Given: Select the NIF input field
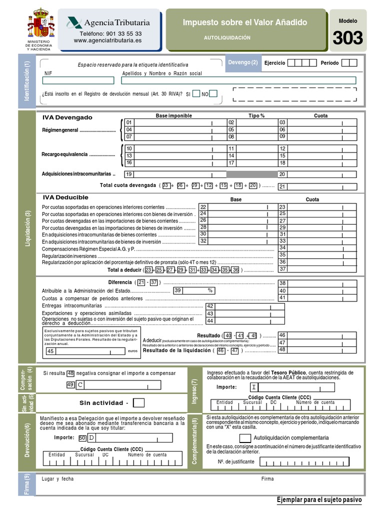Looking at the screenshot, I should [x=78, y=80].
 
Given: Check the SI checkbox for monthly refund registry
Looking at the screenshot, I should [x=196, y=93].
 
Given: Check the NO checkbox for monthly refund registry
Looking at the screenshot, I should [x=213, y=93].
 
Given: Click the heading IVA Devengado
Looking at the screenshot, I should [x=67, y=117].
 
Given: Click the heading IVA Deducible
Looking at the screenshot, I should [x=65, y=197].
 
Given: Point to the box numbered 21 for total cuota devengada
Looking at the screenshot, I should [x=317, y=187].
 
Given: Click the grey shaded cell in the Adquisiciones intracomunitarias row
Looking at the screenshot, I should [x=251, y=174].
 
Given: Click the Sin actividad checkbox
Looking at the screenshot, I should [x=139, y=403].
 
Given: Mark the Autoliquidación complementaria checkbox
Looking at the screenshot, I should [x=245, y=438].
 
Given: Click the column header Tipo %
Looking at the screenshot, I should [x=256, y=115].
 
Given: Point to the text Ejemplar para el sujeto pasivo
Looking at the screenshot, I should [x=318, y=500].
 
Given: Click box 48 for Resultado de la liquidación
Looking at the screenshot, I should [x=317, y=350].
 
